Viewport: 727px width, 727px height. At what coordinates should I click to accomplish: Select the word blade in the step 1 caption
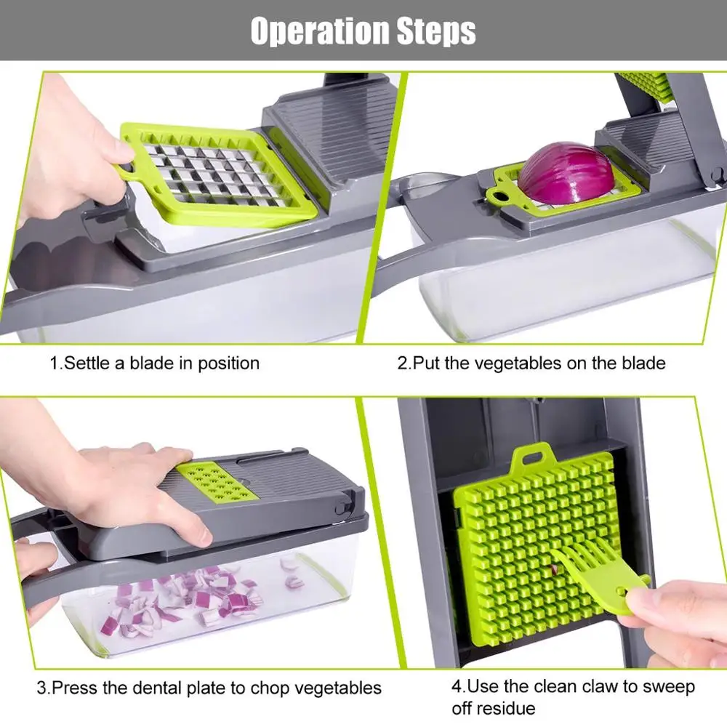[152, 363]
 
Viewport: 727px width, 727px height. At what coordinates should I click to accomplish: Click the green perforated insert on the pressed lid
[217, 481]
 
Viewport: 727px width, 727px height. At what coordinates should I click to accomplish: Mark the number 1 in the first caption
[54, 363]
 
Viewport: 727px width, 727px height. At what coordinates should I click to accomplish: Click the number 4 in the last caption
[457, 686]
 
